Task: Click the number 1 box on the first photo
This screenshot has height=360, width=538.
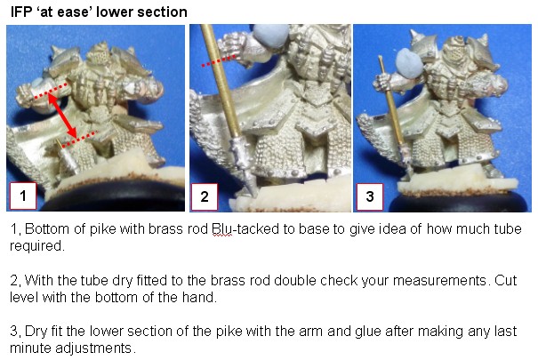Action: click(23, 196)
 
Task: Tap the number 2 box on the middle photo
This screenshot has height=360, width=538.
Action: click(205, 196)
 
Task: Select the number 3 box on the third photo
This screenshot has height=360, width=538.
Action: click(370, 196)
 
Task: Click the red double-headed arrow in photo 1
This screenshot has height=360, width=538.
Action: click(61, 116)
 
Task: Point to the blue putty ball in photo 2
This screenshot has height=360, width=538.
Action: click(270, 36)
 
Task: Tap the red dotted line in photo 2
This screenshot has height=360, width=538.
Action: click(219, 60)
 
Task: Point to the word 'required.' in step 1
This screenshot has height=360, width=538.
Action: click(37, 246)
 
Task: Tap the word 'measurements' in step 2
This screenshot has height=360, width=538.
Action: click(439, 281)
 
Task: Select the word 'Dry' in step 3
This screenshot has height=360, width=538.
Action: click(36, 332)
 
